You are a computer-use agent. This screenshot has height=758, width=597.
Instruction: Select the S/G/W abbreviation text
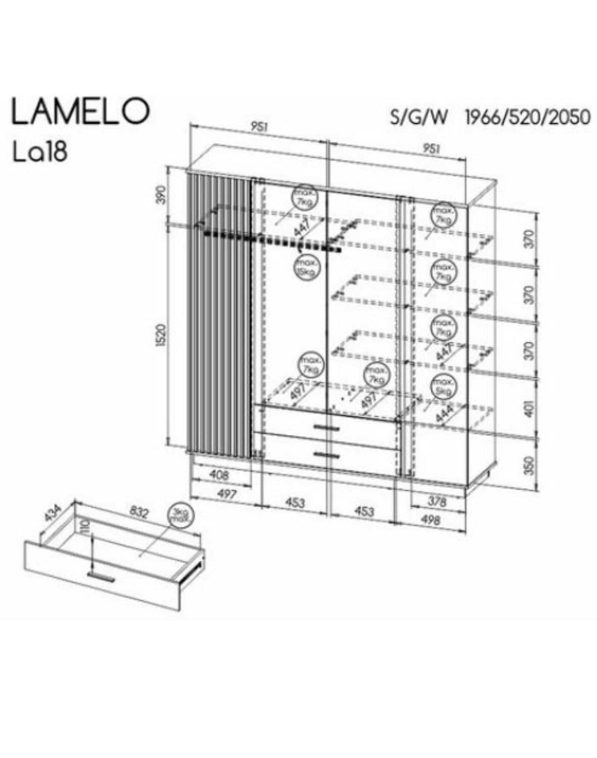pos(419,117)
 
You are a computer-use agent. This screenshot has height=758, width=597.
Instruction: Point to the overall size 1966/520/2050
pos(527,117)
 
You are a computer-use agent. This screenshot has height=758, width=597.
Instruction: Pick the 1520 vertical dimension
pos(161,335)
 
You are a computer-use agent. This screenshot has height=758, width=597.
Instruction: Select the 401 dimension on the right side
pos(529,410)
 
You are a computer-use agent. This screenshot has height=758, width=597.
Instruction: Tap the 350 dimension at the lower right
pos(529,465)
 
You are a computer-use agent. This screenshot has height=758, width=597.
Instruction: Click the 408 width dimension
pos(218,475)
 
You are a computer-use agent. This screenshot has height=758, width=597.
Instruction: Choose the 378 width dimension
pos(437,502)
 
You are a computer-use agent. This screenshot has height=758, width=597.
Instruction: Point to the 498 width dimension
pos(431,520)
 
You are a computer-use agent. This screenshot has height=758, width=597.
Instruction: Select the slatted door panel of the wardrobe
pos(219,313)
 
